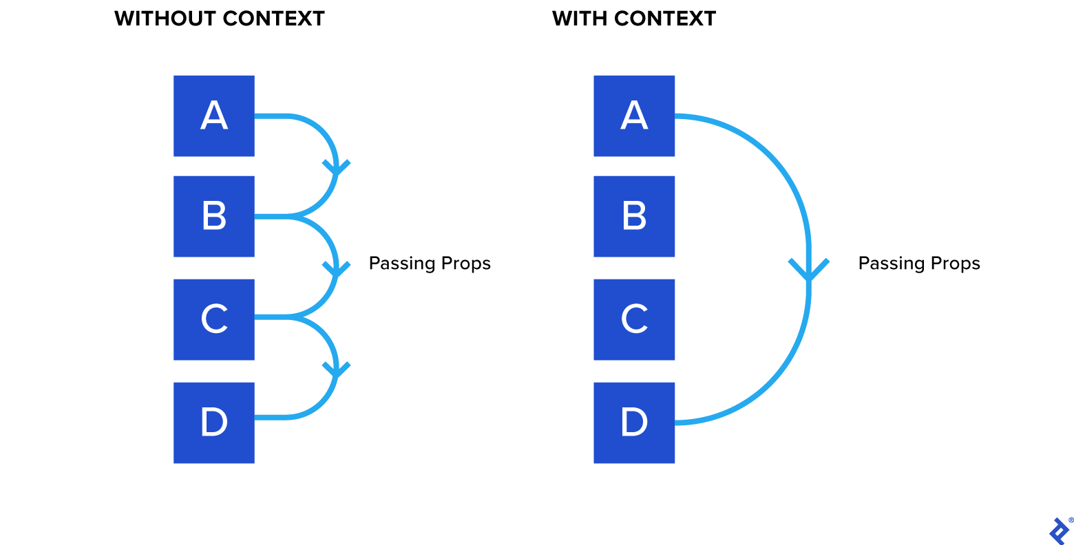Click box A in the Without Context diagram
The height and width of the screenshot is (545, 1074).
pos(213,116)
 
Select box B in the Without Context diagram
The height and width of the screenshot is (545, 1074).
pos(213,216)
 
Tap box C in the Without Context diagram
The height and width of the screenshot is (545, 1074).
pos(213,319)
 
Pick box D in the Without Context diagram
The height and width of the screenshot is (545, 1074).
pos(213,423)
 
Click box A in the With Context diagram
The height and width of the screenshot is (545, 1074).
pos(633,116)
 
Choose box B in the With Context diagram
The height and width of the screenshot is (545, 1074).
pos(633,216)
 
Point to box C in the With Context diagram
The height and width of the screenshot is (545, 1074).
pos(633,319)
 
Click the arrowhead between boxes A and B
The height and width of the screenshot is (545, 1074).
pos(336,168)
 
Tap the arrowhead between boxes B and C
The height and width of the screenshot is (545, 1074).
pos(336,269)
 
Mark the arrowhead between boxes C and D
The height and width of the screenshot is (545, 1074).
pos(336,370)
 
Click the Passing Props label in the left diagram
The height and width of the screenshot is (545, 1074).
pos(430,264)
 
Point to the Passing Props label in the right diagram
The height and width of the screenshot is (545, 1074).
pos(919,264)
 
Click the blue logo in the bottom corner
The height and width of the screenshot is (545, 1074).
pos(1059,531)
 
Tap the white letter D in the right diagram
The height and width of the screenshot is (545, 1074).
pos(634,422)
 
